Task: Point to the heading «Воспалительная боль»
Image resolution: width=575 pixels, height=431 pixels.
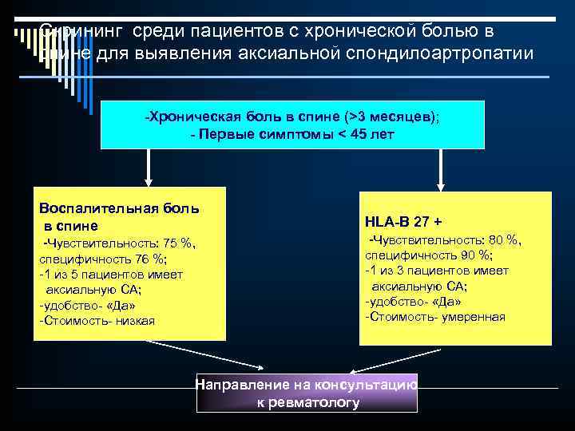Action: (x=119, y=208)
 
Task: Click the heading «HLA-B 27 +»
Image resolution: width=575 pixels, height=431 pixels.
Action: (x=404, y=220)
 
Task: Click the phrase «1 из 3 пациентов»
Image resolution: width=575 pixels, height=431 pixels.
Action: (x=426, y=271)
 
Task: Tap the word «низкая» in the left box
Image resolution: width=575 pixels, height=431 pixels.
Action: (x=137, y=320)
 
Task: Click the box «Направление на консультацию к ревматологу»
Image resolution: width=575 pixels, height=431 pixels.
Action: (x=307, y=392)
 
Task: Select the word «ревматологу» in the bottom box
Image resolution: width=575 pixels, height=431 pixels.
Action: (x=308, y=402)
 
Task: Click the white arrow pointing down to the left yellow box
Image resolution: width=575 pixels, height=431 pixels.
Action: (x=149, y=169)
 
